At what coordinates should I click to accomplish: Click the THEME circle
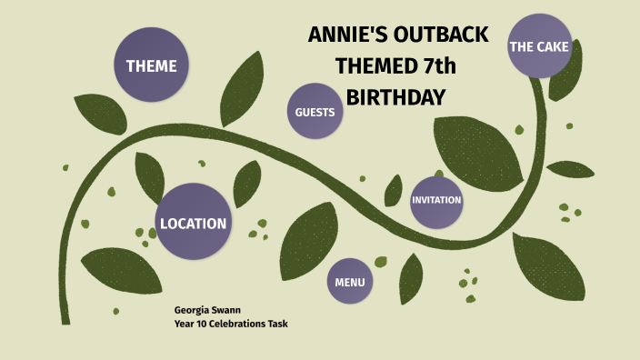tap(151, 65)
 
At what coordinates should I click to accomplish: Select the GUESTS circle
tap(315, 112)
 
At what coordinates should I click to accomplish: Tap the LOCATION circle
tap(193, 223)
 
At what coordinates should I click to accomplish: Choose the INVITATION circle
tap(436, 200)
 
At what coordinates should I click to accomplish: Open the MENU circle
tap(350, 282)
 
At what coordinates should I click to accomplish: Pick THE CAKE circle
tap(539, 46)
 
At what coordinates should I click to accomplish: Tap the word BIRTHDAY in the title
tap(396, 96)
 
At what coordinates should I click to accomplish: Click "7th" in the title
tap(435, 65)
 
